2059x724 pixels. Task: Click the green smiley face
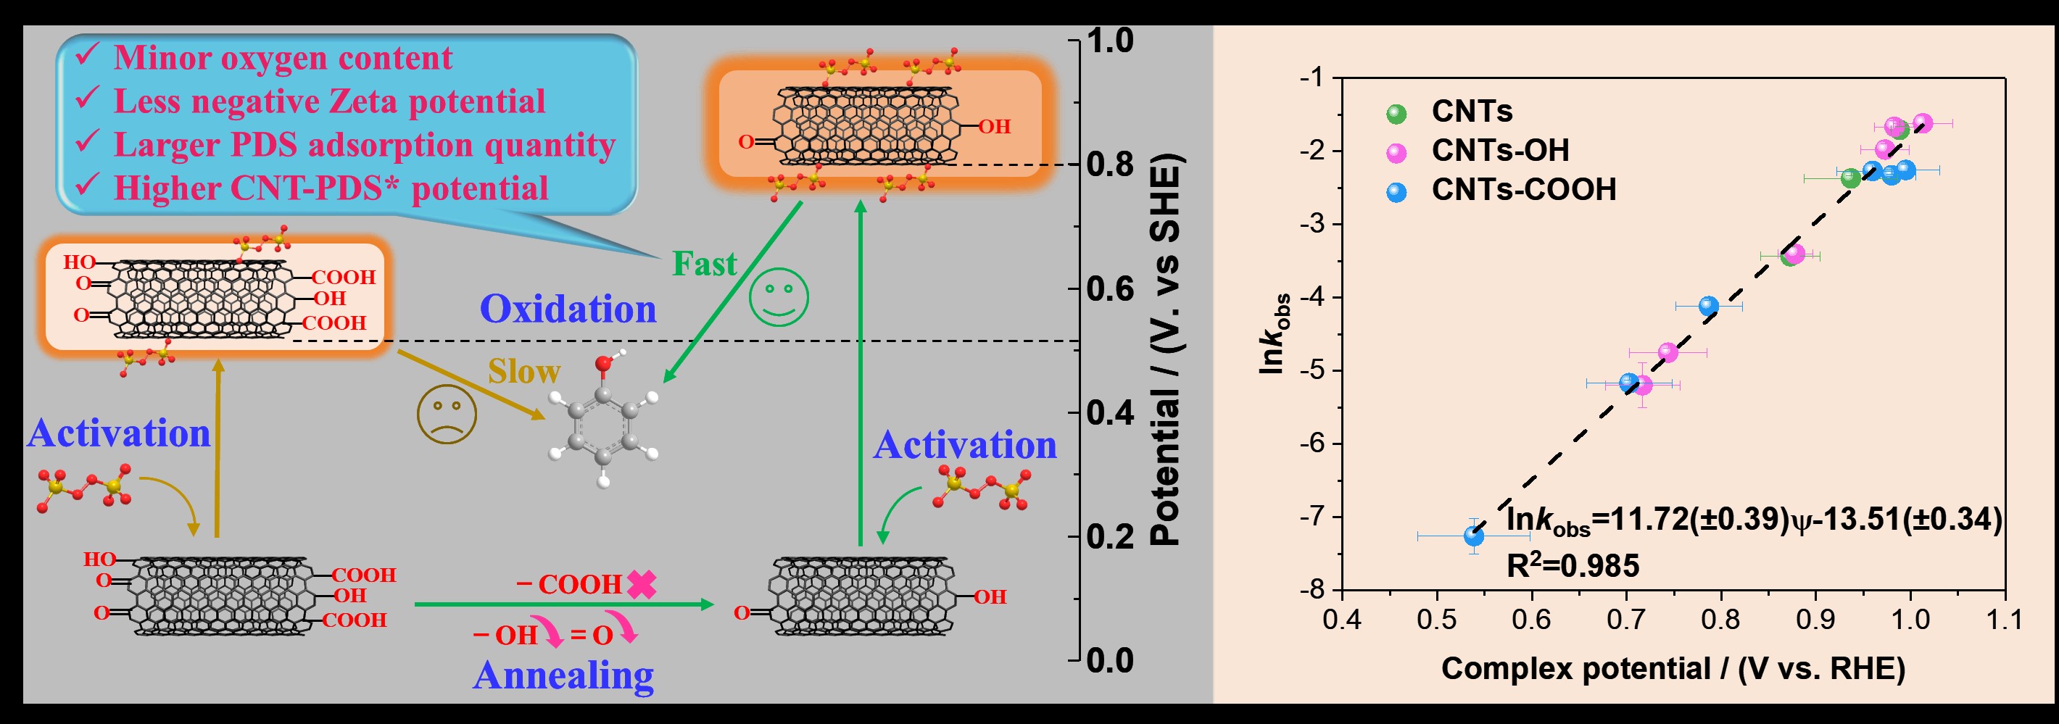[779, 296]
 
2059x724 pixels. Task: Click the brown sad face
[447, 414]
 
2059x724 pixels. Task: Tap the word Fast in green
[703, 264]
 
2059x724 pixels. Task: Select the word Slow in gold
[523, 372]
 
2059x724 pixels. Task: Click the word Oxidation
[568, 309]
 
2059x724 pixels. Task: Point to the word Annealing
[563, 675]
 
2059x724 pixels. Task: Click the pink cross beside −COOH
[641, 584]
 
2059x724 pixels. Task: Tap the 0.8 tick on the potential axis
[1109, 165]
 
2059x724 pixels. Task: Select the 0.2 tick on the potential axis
[1109, 536]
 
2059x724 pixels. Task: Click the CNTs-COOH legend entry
[1522, 190]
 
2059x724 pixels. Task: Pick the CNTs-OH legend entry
[1499, 150]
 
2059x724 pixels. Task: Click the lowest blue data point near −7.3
[1473, 536]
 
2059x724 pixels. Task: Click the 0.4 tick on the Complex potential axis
[1342, 620]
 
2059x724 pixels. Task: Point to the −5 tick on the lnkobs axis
[1312, 370]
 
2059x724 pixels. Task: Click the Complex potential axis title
[1673, 669]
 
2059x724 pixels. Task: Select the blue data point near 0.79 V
[1708, 305]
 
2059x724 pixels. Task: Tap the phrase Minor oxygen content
[282, 58]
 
